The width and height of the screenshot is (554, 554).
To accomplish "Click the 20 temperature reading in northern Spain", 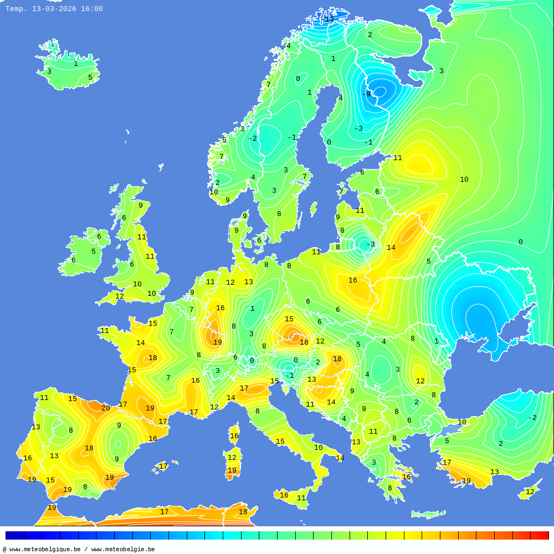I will click(x=105, y=408).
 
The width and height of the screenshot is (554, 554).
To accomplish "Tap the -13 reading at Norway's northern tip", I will click(x=328, y=19).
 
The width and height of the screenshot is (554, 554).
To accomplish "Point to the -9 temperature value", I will click(x=366, y=94).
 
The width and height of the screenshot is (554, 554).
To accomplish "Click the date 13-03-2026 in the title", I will click(x=54, y=9).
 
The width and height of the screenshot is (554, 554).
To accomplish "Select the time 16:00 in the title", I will click(x=92, y=9).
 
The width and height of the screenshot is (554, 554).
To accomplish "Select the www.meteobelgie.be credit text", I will click(x=123, y=550).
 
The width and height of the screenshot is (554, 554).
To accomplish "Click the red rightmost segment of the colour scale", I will click(x=540, y=536).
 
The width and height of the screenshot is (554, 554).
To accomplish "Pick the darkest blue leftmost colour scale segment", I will click(x=14, y=536).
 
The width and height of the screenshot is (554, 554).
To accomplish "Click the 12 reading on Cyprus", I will click(x=530, y=492).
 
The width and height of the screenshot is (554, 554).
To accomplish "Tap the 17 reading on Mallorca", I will click(x=163, y=466).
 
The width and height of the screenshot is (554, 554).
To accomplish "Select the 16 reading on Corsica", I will click(x=234, y=436).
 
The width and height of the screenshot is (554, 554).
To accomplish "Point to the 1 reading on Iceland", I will click(x=76, y=64).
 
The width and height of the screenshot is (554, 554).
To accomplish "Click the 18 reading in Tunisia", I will click(x=243, y=512).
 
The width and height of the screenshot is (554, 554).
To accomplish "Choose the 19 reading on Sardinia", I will click(x=232, y=470).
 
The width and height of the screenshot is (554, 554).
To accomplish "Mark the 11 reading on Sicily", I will click(x=301, y=498).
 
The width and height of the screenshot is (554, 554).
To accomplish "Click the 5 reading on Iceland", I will click(x=90, y=78).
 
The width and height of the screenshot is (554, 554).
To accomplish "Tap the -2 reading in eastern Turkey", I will click(x=532, y=418).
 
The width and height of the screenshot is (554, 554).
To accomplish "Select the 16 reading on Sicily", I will click(x=284, y=495).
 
